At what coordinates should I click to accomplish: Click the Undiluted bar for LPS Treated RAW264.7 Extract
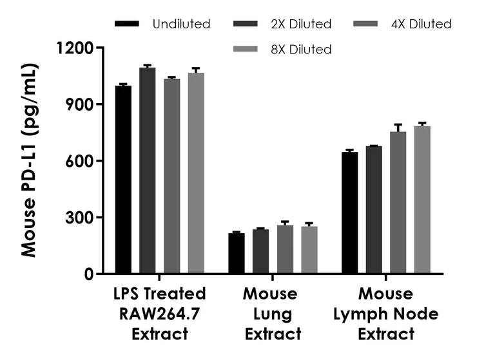pos(123,180)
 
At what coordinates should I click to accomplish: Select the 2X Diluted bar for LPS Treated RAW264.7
pos(148,171)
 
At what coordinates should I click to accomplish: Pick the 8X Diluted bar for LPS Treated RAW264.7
pos(196,173)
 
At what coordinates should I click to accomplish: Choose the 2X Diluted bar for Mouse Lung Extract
pos(261,251)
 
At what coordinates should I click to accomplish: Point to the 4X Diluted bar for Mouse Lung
pos(286,249)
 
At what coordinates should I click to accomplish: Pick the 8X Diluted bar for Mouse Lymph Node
pos(423,200)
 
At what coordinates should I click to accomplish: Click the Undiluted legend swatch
pos(128,24)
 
